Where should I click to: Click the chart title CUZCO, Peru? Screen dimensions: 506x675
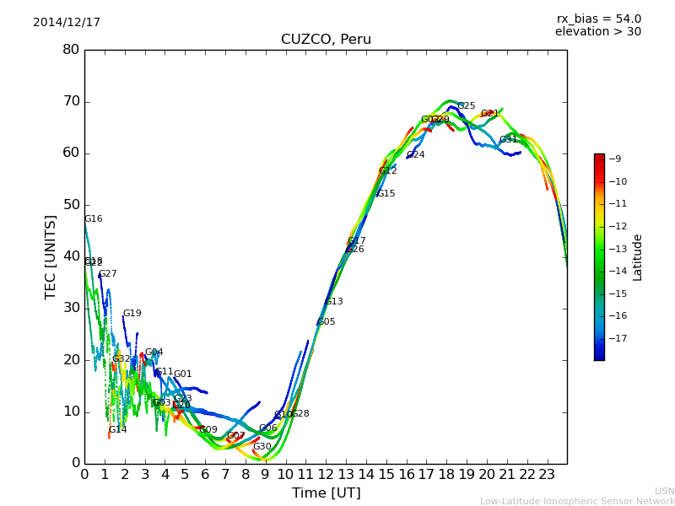click(326, 40)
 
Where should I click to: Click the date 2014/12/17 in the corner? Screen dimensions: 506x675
click(67, 23)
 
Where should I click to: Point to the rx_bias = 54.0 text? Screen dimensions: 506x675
click(598, 19)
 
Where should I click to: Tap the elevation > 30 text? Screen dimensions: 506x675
click(597, 32)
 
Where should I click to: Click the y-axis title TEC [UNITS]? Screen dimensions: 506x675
click(51, 256)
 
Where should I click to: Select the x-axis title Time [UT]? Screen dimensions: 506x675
click(326, 493)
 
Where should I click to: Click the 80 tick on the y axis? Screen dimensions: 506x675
click(71, 50)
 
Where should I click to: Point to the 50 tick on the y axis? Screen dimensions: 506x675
click(71, 205)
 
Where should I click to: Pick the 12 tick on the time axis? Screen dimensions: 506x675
click(326, 474)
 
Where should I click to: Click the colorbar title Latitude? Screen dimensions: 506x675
click(638, 257)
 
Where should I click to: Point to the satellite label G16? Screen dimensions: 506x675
click(93, 219)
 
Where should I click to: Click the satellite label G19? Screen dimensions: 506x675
click(132, 314)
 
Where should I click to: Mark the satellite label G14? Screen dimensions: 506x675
click(117, 430)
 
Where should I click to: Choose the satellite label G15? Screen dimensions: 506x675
click(386, 194)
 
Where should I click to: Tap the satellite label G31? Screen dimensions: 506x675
click(508, 140)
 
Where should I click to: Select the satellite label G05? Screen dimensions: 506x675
click(326, 322)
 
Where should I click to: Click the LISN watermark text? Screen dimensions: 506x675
click(664, 491)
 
